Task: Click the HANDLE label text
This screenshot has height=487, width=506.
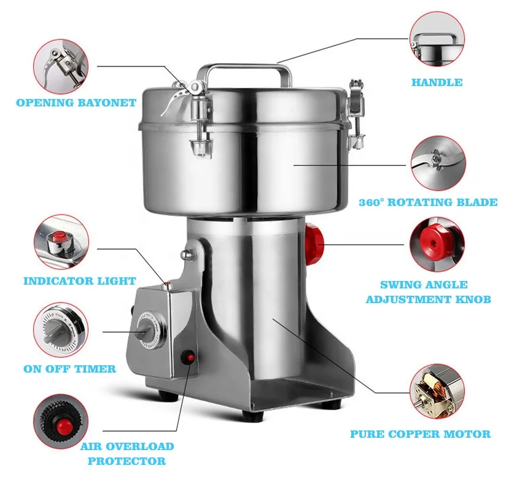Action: click(437, 82)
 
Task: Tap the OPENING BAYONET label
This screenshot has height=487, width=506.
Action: click(76, 103)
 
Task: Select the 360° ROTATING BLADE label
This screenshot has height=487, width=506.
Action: click(428, 202)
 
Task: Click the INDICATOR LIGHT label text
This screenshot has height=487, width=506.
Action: click(79, 281)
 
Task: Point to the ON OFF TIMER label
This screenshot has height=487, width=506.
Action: click(69, 369)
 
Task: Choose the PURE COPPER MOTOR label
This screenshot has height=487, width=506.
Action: click(420, 434)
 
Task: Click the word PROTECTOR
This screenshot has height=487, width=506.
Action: click(126, 461)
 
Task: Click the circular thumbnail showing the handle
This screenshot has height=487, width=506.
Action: click(437, 41)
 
